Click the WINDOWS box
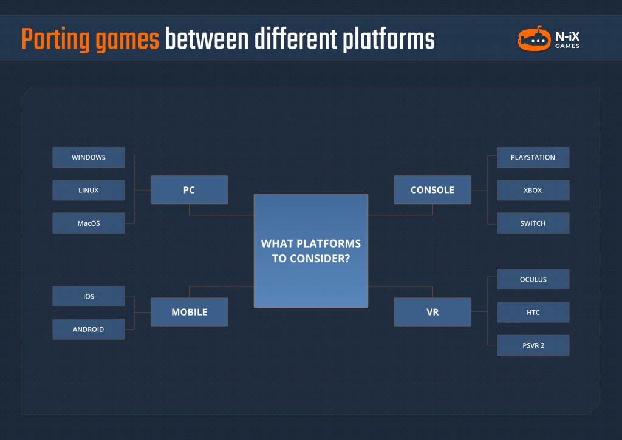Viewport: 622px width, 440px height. [89, 157]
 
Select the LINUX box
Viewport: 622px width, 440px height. [89, 190]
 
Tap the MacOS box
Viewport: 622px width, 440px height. [89, 223]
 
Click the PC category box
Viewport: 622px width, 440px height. [189, 190]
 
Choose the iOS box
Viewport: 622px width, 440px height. [89, 296]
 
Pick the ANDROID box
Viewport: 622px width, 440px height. [89, 329]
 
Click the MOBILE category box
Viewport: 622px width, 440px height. [189, 312]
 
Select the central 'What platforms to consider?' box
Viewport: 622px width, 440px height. [310, 251]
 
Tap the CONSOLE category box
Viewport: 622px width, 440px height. [432, 190]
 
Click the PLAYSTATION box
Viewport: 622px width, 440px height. [533, 157]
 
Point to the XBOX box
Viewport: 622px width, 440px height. [533, 190]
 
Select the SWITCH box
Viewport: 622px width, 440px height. [533, 223]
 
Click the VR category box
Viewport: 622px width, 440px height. [432, 312]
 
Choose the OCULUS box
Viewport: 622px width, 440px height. [533, 279]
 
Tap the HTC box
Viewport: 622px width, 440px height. [533, 312]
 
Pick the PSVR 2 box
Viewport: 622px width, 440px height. [533, 345]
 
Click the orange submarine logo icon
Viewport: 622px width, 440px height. [533, 39]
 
